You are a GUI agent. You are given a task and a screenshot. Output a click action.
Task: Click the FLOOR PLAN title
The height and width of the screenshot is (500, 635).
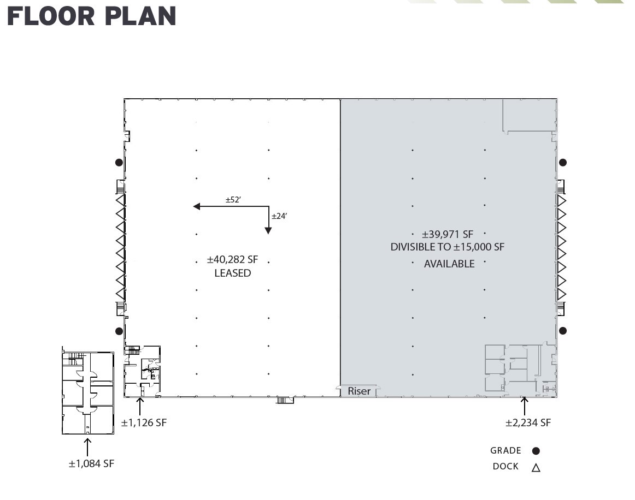click(x=91, y=16)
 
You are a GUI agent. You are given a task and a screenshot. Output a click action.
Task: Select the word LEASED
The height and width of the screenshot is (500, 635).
click(x=232, y=273)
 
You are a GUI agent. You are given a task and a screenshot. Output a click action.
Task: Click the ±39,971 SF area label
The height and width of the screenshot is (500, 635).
click(x=446, y=234)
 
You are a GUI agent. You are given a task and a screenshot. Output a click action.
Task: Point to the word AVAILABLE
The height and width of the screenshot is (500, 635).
click(x=449, y=264)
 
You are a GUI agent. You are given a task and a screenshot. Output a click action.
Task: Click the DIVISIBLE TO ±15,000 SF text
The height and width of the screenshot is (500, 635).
click(x=447, y=247)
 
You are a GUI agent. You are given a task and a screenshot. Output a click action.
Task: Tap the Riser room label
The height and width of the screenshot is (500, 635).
click(x=359, y=391)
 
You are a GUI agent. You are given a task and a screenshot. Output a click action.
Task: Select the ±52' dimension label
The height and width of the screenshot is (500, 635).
click(x=233, y=200)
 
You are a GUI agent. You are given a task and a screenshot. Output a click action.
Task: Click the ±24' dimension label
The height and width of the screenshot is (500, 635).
click(x=279, y=216)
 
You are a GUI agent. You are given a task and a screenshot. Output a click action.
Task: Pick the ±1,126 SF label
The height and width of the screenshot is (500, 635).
click(x=144, y=422)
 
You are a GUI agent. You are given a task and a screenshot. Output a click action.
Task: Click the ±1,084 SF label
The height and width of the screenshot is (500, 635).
click(x=91, y=463)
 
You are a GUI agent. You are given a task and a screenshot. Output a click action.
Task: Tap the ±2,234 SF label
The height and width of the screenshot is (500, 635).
click(x=528, y=422)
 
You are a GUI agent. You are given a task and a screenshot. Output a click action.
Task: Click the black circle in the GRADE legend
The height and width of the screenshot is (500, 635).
click(x=536, y=451)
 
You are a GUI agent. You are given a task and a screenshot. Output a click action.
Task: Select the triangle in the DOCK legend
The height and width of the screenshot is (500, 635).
click(x=536, y=467)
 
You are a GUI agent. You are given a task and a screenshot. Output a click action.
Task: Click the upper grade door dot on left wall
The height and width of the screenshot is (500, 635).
click(x=119, y=162)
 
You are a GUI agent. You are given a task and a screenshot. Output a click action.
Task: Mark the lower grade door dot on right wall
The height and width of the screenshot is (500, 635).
click(x=563, y=331)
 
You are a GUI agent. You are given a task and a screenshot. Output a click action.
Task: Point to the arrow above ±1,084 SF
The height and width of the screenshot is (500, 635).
click(x=87, y=445)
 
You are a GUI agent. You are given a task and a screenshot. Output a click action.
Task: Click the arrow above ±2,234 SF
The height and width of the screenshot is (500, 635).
click(x=525, y=406)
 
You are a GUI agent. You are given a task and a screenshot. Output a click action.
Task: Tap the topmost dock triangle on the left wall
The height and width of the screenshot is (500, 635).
click(x=120, y=200)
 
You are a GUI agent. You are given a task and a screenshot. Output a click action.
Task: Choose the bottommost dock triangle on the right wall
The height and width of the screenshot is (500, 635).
click(x=561, y=294)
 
